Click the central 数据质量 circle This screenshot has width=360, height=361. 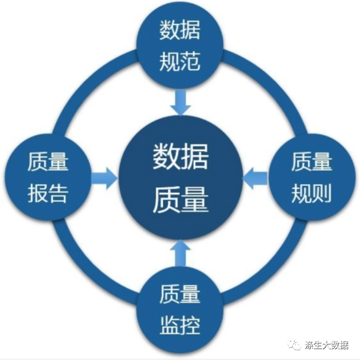pos(180,178)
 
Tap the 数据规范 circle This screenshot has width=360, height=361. pos(180,46)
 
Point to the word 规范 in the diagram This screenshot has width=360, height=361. pos(180,62)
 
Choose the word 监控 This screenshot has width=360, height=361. pos(180,326)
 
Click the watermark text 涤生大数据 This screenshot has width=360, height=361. pos(327,345)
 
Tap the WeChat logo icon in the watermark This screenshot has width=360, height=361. pos(295,345)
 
